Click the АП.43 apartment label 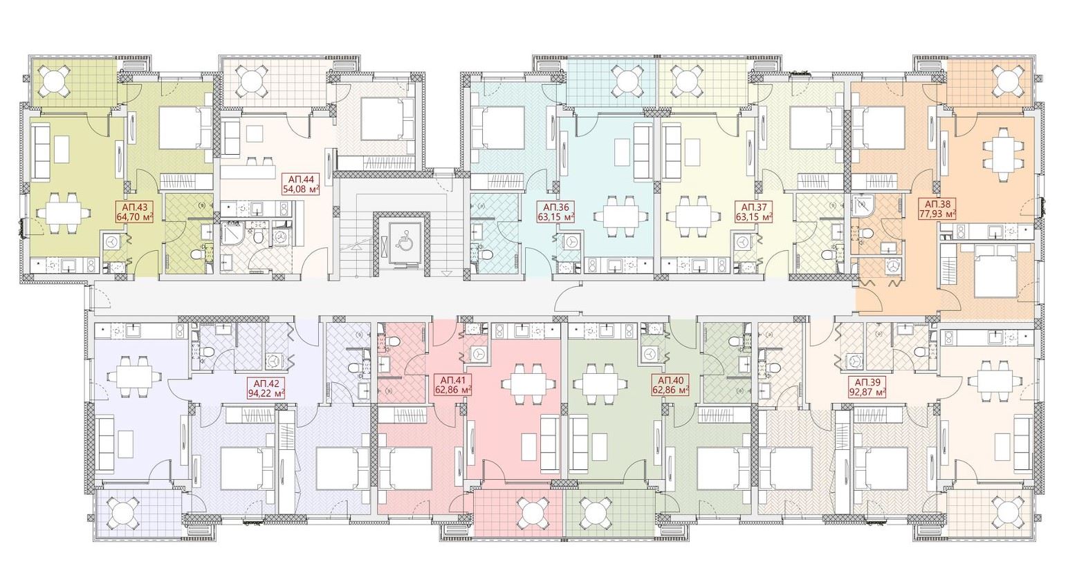pos(134,207)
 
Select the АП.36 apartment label pos(556,207)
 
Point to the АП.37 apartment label pos(753,207)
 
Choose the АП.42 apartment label pos(266,384)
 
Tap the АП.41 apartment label pos(452,380)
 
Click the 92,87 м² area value pos(867,392)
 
